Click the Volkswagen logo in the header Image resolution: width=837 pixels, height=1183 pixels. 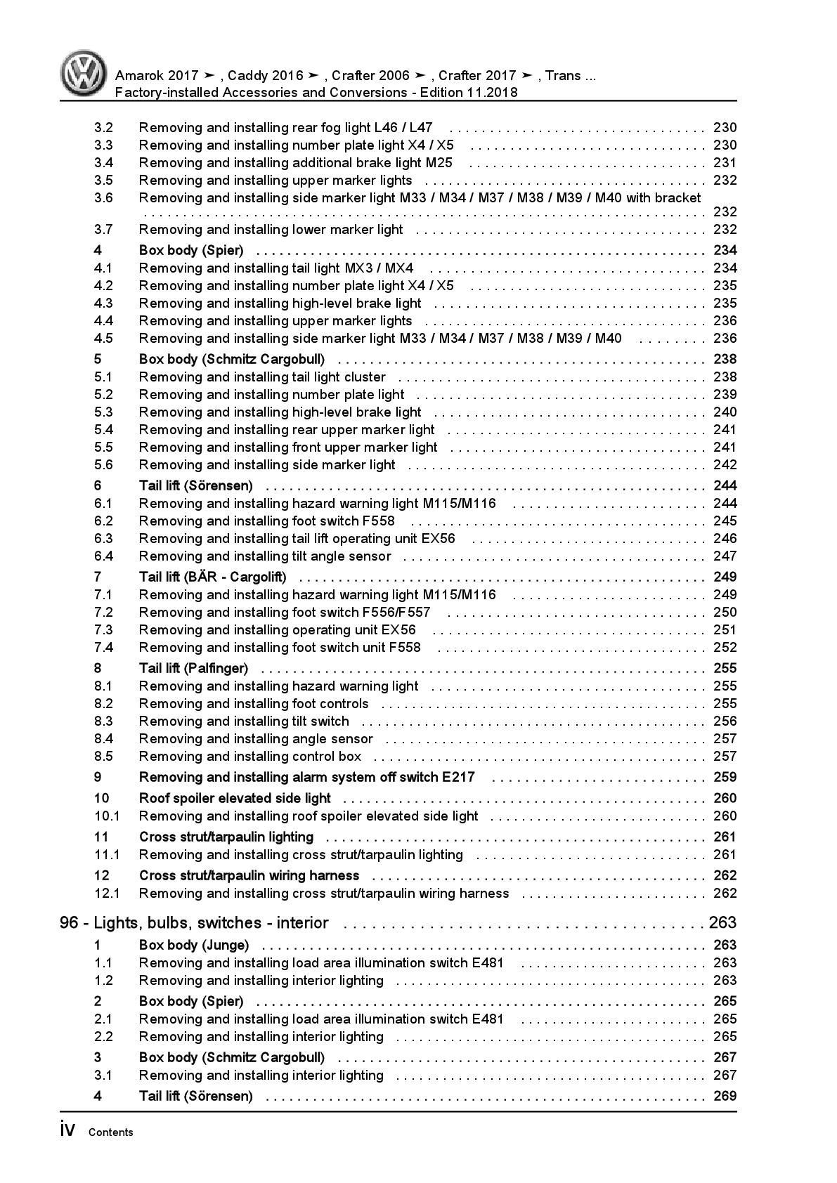[83, 73]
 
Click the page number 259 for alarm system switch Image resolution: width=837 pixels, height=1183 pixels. [725, 777]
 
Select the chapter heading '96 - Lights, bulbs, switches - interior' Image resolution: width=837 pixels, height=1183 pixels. [194, 923]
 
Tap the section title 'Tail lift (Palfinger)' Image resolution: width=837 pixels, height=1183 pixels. [193, 668]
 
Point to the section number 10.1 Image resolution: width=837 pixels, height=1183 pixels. [107, 816]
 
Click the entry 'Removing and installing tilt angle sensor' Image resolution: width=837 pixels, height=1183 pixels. [265, 556]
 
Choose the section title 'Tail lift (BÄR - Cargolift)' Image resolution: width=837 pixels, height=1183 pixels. [212, 577]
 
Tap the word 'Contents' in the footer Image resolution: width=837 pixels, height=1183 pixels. [111, 1132]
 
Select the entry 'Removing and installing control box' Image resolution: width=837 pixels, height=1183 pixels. [250, 756]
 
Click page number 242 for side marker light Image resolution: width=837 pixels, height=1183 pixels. [725, 464]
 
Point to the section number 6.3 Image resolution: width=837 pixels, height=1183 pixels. [103, 538]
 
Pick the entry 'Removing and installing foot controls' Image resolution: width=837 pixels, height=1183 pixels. [254, 703]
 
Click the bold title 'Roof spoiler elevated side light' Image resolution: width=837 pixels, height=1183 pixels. [235, 798]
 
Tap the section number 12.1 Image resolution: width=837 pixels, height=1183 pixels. [107, 893]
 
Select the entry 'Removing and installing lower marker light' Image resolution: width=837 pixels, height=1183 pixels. [271, 229]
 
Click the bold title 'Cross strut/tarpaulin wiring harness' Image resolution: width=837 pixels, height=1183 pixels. [249, 875]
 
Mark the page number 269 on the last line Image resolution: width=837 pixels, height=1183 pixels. [725, 1096]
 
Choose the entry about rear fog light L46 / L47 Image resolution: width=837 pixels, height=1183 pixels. [286, 127]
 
